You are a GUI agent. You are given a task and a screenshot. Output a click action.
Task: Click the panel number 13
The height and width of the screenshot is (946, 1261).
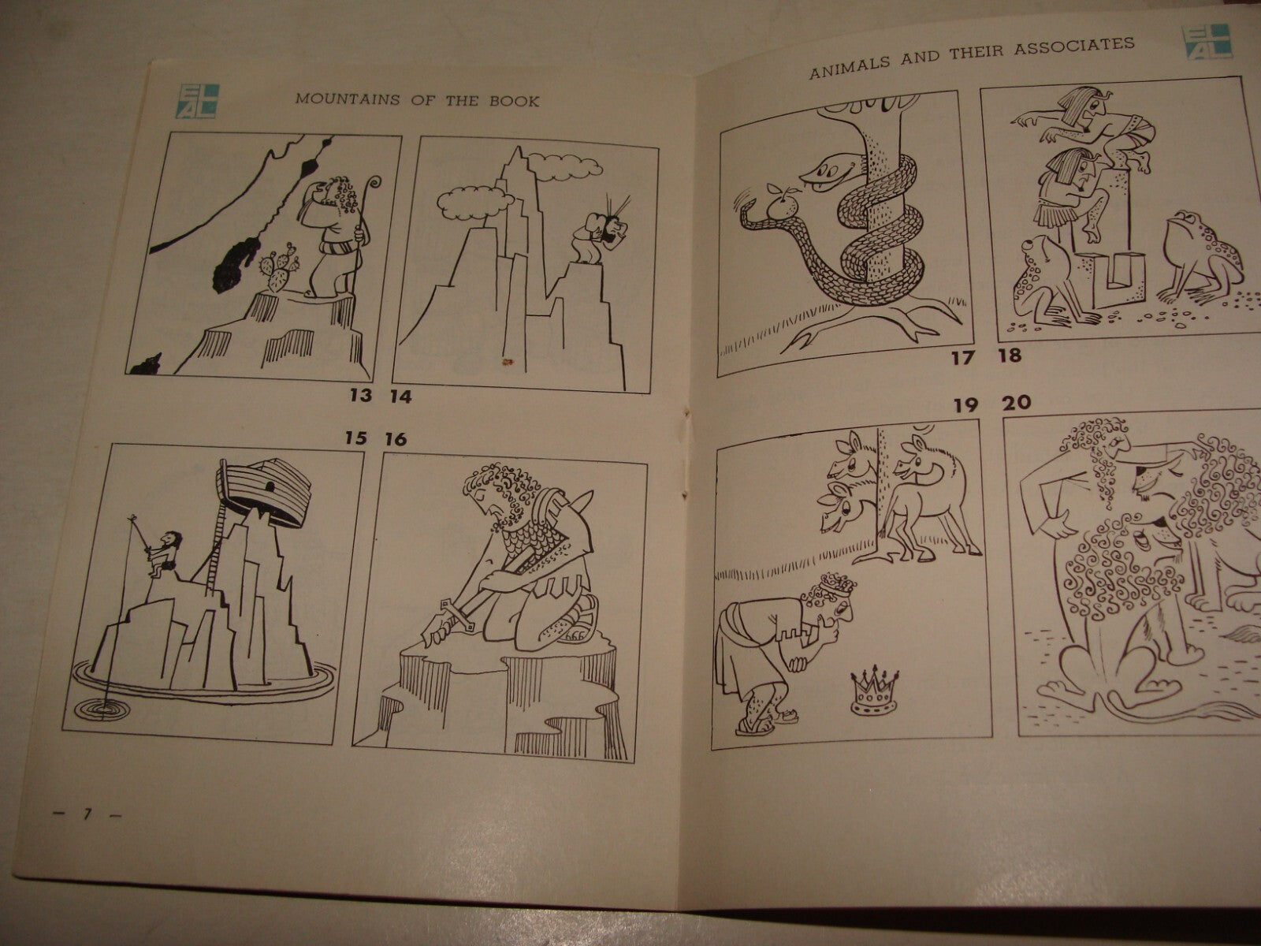[359, 396]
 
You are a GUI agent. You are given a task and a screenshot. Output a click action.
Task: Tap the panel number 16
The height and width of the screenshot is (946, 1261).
[395, 439]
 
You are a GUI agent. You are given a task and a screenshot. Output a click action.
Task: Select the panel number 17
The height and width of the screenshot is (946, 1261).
[962, 358]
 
